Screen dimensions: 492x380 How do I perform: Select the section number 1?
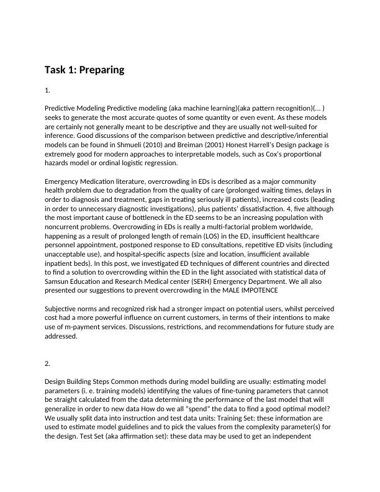tap(47, 91)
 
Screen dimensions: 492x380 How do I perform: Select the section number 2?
tap(47, 363)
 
